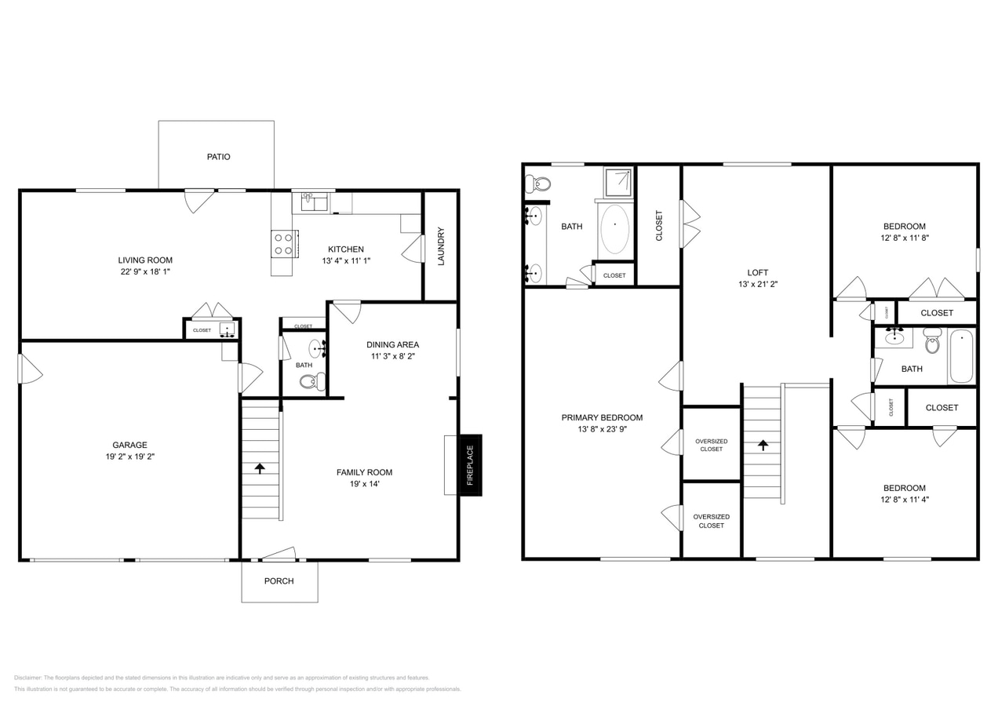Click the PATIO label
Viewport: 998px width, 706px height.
[x=218, y=157]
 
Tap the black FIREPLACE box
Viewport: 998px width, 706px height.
[x=470, y=464]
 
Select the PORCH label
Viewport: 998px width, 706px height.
[x=279, y=581]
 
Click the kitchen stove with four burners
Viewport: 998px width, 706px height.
[x=283, y=244]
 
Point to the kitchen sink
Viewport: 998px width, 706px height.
[x=313, y=202]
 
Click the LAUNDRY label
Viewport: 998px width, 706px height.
[x=441, y=246]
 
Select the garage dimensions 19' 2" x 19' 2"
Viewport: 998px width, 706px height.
[x=129, y=457]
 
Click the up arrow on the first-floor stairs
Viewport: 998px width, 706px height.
[x=260, y=468]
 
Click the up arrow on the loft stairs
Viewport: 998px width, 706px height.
[x=763, y=445]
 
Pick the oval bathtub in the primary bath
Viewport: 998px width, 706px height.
[x=614, y=229]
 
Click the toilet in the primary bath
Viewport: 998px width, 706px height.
[x=539, y=184]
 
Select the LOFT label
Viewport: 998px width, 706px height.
[x=757, y=273]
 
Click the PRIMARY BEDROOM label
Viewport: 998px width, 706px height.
[x=602, y=418]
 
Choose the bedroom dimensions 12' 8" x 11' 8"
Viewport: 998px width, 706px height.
[x=905, y=238]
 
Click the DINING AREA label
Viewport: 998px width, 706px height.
[x=392, y=344]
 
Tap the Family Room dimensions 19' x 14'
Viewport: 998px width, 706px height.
[x=364, y=484]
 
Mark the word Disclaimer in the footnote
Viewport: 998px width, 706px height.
[x=27, y=678]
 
